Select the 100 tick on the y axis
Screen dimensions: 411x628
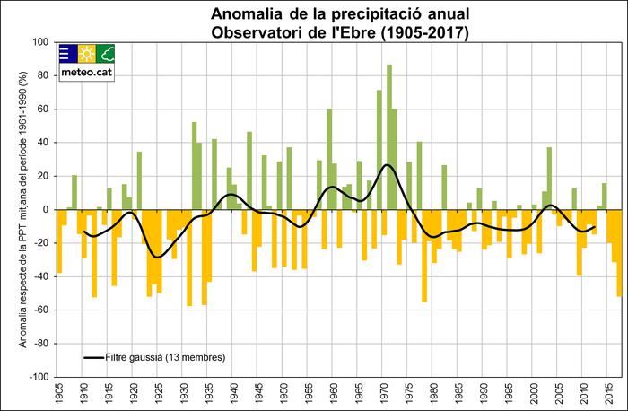[41, 42]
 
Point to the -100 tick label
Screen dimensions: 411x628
[39, 377]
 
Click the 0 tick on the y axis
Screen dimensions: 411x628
[47, 210]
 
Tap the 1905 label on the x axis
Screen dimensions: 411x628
[59, 392]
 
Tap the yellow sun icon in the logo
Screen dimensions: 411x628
[86, 53]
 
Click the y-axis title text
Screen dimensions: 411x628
[19, 210]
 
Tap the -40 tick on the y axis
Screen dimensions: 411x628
[43, 276]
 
